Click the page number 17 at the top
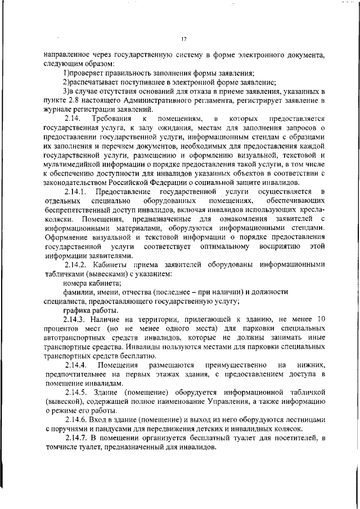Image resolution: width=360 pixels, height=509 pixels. (x=183, y=38)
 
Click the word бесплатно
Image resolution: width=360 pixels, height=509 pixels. (x=134, y=355)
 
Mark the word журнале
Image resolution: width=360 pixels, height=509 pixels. (x=58, y=109)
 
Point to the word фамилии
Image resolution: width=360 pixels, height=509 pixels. (x=79, y=292)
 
